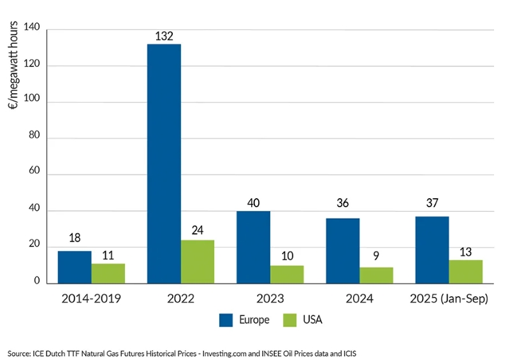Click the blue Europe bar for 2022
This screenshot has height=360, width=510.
pyautogui.click(x=164, y=163)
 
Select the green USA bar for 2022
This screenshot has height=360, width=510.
pyautogui.click(x=198, y=261)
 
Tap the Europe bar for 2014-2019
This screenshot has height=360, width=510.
pyautogui.click(x=75, y=266)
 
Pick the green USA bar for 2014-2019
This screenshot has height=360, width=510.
pyautogui.click(x=108, y=273)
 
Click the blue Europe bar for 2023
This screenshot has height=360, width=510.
pyautogui.click(x=253, y=247)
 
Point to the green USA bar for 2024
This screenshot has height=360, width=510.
pyautogui.click(x=376, y=275)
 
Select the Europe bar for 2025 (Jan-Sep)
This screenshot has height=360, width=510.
pyautogui.click(x=432, y=249)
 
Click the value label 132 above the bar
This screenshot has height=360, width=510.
pyautogui.click(x=164, y=36)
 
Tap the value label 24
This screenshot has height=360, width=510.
pyautogui.click(x=198, y=231)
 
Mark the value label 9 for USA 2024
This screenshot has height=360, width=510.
pyautogui.click(x=376, y=259)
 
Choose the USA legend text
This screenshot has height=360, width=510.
pyautogui.click(x=312, y=320)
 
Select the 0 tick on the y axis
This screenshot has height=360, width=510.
pyautogui.click(x=36, y=281)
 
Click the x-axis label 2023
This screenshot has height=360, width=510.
pyautogui.click(x=270, y=298)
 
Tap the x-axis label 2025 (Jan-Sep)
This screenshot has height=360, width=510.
pyautogui.click(x=449, y=298)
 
